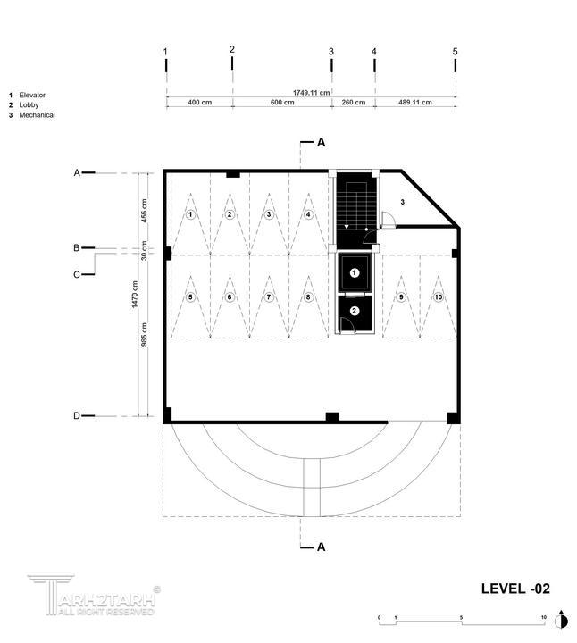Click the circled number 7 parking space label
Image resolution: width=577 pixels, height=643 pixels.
tap(269, 296)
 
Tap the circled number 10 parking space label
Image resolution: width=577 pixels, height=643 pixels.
tap(439, 296)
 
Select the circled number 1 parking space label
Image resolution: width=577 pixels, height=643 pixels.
tap(190, 214)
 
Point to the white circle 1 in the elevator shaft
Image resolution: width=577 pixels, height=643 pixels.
tap(355, 272)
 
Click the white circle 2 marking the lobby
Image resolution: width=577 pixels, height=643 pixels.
tap(355, 311)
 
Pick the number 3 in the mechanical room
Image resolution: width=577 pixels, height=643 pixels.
tap(402, 202)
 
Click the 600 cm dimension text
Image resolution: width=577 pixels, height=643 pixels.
tap(282, 102)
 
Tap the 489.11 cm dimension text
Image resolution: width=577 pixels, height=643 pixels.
tap(415, 102)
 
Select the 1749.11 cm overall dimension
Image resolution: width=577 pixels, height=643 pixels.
tap(311, 93)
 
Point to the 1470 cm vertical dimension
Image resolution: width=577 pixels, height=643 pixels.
tap(135, 294)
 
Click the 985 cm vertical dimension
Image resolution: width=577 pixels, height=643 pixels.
tap(145, 335)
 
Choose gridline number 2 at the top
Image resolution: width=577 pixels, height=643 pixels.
tap(232, 50)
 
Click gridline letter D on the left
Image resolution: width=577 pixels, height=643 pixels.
tap(77, 416)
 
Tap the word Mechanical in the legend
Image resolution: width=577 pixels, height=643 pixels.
tap(37, 115)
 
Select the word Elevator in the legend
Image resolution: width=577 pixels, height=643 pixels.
tap(32, 96)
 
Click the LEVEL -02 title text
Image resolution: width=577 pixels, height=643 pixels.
tap(515, 589)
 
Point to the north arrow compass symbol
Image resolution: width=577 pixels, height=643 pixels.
tap(562, 621)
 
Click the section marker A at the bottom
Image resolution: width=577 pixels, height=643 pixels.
tap(322, 547)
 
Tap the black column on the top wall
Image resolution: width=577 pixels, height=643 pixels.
tap(233, 174)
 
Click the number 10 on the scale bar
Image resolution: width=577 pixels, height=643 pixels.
tap(544, 617)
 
